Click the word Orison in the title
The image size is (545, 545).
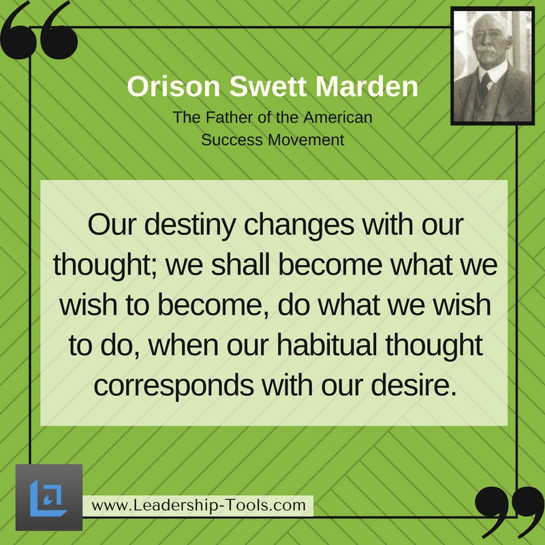(x=174, y=87)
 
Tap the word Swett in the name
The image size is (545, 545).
(x=268, y=87)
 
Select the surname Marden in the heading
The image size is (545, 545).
(x=367, y=87)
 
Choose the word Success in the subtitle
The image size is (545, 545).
(x=232, y=140)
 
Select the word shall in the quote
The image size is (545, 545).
(x=240, y=265)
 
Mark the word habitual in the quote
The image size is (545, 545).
(x=327, y=345)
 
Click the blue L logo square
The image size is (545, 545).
(x=49, y=497)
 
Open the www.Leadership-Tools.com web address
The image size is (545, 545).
(x=198, y=505)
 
